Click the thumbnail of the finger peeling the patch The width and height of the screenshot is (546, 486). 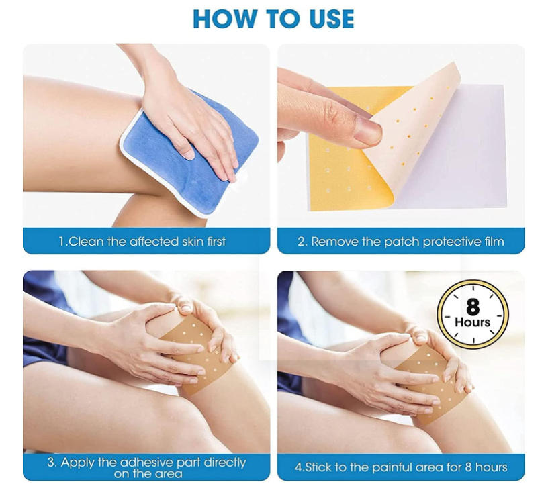coord(368,133)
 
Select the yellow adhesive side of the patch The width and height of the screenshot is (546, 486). coord(343,175)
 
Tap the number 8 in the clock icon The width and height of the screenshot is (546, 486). coord(473,307)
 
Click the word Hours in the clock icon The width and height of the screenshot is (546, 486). coord(473,322)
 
